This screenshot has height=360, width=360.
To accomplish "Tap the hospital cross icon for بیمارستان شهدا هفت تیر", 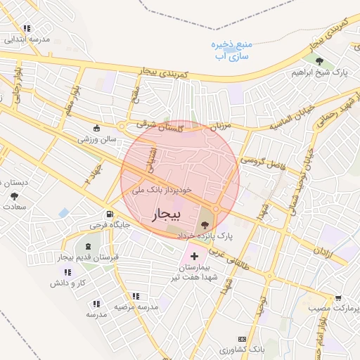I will tap(194, 257).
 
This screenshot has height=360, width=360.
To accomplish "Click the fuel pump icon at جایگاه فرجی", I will tap(109, 214).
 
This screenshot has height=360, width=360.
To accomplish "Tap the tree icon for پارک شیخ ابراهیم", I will tap(320, 61).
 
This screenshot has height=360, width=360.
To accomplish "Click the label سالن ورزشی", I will tap(97, 140).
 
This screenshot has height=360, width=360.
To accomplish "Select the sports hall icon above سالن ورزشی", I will tap(97, 129).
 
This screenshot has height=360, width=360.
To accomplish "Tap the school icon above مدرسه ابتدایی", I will tap(27, 29).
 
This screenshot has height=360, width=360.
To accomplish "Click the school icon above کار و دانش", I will tap(67, 272).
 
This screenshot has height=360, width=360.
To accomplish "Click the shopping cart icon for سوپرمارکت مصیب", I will tap(338, 298).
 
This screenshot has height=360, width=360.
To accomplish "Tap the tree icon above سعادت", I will tap(14, 195).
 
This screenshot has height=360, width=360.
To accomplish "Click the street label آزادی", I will tap(321, 251).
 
